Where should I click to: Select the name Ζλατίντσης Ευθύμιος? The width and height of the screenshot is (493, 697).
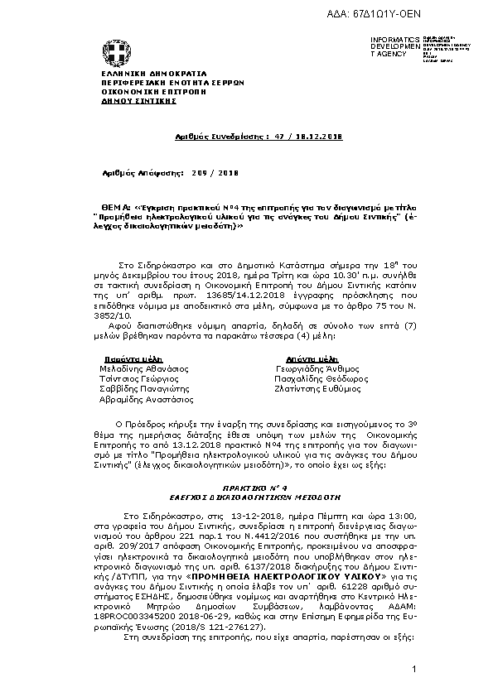coord(318,387)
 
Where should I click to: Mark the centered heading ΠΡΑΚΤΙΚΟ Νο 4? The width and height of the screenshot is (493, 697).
coord(247,489)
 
